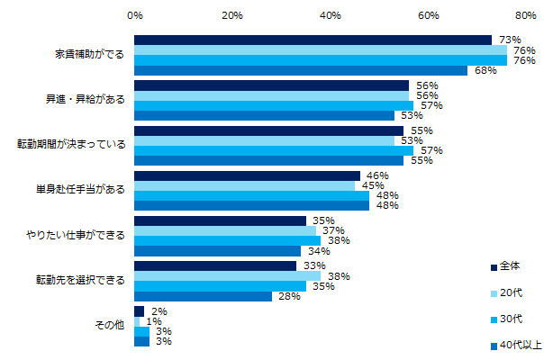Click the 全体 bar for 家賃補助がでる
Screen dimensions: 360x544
tap(313, 40)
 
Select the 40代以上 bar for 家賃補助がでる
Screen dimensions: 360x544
tap(300, 71)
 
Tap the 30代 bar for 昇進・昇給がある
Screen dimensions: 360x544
tap(274, 105)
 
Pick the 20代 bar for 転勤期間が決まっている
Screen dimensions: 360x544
tap(264, 140)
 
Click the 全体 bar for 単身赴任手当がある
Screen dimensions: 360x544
tap(247, 175)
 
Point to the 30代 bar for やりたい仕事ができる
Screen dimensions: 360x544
tap(227, 241)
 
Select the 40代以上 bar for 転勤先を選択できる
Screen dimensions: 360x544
tap(203, 296)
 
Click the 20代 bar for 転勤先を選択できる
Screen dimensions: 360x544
tap(227, 275)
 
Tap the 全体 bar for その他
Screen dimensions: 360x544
tap(139, 310)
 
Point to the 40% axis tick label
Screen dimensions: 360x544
tap(330, 15)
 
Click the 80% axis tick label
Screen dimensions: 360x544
tap(525, 15)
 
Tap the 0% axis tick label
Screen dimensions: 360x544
tap(134, 15)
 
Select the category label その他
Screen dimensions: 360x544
tap(109, 325)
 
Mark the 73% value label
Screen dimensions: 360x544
tap(510, 40)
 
